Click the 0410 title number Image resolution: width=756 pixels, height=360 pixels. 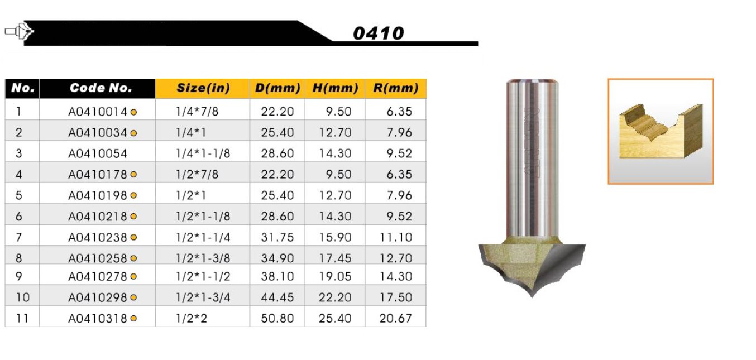pos(379,33)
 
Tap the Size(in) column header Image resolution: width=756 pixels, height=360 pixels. pos(203,88)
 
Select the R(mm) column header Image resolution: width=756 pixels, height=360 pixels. pos(395,88)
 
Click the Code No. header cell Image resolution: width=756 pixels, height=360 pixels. pos(101,88)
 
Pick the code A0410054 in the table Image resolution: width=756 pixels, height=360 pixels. pos(98,153)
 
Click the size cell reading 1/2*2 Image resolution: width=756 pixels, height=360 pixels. pos(192,318)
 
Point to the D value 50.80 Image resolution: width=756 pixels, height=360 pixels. pos(277,318)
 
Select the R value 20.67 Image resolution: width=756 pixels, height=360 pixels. pos(395,318)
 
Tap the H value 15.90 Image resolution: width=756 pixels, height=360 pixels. pos(335,237)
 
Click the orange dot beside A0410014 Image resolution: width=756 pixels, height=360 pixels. pos(133,112)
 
